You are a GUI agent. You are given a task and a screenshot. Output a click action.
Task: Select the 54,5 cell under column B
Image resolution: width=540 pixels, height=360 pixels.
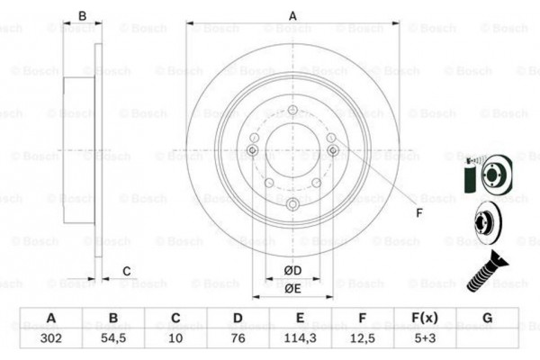click(112, 339)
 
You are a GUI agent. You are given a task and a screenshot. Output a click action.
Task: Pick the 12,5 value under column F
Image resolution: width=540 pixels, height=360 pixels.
click(360, 339)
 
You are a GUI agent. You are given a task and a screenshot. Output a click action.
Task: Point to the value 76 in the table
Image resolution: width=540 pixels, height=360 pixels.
click(238, 339)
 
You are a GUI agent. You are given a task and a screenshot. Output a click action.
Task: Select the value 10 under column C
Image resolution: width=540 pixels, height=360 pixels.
click(175, 339)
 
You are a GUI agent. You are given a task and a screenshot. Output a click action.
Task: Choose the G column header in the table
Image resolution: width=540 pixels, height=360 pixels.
click(487, 318)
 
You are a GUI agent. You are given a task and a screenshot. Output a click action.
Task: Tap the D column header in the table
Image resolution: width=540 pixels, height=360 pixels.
click(238, 318)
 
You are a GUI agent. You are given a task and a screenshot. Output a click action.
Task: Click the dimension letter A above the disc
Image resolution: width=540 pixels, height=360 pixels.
click(292, 15)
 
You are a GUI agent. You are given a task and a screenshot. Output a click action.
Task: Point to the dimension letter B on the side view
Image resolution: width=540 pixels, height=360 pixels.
click(82, 15)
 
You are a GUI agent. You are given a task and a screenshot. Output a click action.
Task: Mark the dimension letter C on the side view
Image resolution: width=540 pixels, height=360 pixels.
click(127, 271)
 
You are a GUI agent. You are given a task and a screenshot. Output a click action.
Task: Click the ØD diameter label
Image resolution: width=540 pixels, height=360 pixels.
click(292, 271)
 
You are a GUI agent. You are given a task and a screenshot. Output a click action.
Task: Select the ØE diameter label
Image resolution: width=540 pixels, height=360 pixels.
click(292, 290)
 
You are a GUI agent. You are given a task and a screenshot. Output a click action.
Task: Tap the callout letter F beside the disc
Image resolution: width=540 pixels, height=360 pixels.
click(418, 213)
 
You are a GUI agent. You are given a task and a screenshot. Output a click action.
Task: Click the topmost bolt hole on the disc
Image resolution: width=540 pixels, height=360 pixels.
click(292, 112)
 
